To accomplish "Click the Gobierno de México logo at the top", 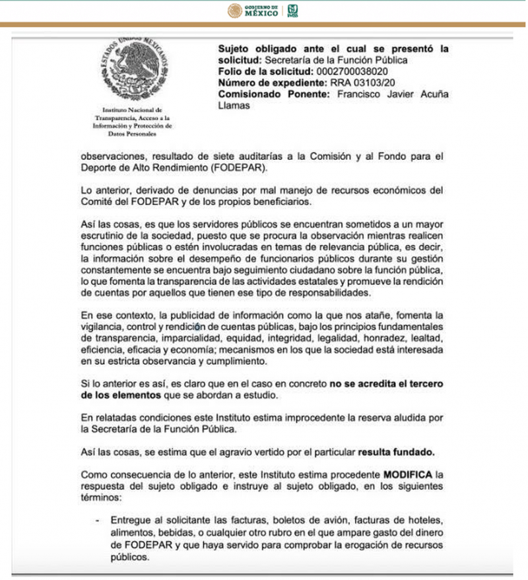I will click(254, 11).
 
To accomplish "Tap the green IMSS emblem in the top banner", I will click(293, 11).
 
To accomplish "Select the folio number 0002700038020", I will click(358, 71).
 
